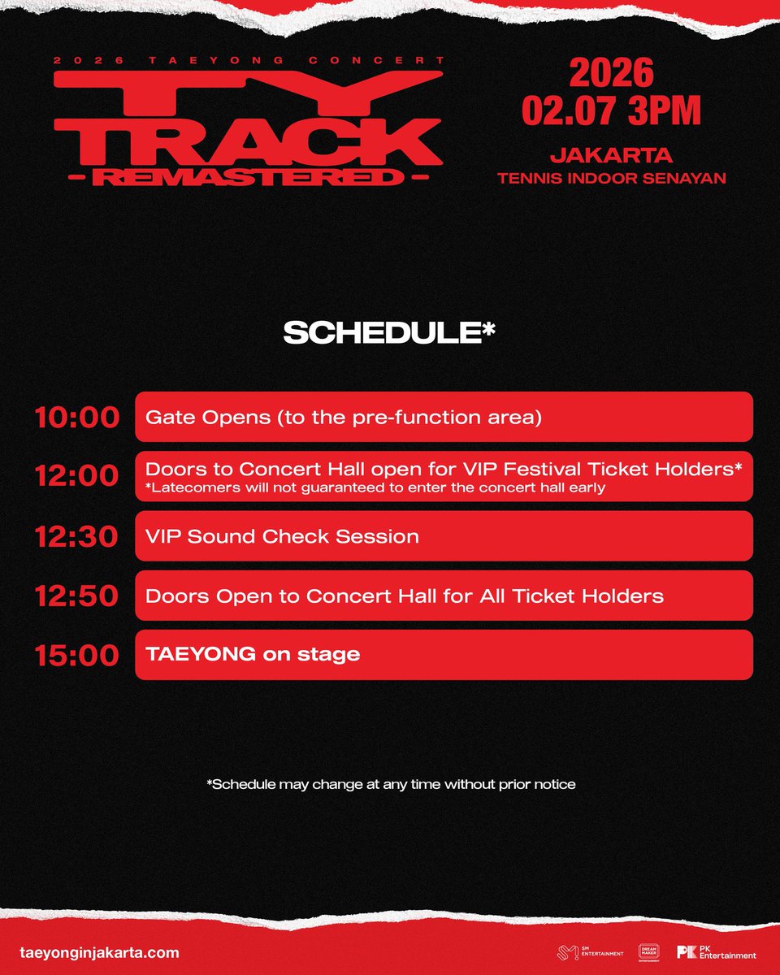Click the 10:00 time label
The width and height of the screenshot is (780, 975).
pos(76,418)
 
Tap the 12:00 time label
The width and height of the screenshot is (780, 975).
pos(76,477)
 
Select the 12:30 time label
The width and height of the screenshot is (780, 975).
pos(76,536)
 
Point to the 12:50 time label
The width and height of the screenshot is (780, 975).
pos(76,596)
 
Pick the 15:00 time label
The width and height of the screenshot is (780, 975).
pos(76,655)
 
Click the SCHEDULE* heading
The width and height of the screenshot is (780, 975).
pos(389,334)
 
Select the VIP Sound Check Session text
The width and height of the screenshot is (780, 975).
pos(282,536)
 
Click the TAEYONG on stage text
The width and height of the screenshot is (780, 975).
pos(252,654)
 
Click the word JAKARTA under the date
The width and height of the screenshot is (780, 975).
pos(611,155)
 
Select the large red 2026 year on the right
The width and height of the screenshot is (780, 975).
pos(611,74)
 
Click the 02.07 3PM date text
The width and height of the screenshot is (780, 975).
pos(611,110)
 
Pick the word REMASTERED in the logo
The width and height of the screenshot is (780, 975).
pos(248,176)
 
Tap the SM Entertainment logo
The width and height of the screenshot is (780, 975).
pos(590,953)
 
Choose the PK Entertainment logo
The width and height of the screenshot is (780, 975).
pos(716,953)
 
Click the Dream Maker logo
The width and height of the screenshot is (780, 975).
pos(648,952)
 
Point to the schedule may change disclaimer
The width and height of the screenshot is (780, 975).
pos(391,784)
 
